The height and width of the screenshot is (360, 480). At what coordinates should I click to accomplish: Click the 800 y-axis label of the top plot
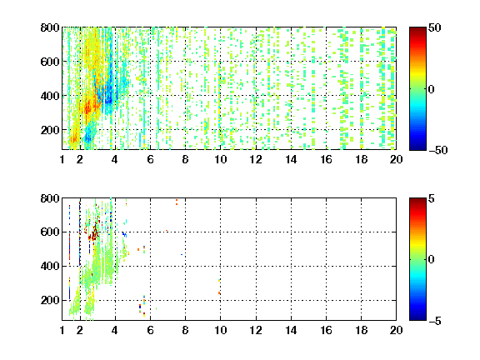click(x=50, y=27)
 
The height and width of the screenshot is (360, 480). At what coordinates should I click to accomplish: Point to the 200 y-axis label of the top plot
click(x=50, y=130)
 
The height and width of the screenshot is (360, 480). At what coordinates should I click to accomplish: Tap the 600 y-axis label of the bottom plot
click(x=50, y=232)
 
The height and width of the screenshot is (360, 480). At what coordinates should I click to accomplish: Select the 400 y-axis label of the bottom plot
click(x=50, y=266)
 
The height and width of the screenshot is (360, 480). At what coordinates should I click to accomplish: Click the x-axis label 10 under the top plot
click(x=220, y=159)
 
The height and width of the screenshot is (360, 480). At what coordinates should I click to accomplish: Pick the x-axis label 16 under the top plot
click(x=326, y=159)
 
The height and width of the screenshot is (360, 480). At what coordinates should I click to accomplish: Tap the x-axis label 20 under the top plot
click(x=396, y=159)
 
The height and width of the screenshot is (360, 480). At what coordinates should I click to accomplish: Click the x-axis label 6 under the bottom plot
click(x=150, y=330)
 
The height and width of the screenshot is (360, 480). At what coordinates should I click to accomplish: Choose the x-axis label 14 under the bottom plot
click(x=291, y=330)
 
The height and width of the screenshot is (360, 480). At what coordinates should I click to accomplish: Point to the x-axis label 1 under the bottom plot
click(x=62, y=330)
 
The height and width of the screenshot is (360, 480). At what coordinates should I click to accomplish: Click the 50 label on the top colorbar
click(x=434, y=28)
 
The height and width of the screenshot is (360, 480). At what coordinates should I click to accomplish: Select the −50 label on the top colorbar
click(x=437, y=150)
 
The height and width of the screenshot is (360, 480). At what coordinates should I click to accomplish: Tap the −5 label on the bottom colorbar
click(x=435, y=321)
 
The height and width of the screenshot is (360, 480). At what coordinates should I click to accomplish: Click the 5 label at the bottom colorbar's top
click(x=432, y=199)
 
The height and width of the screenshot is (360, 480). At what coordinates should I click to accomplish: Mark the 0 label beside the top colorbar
click(x=432, y=89)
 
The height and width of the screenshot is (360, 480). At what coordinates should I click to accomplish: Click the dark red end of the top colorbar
click(x=417, y=30)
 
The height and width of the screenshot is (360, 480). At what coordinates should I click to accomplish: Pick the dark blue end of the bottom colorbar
click(x=417, y=317)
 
